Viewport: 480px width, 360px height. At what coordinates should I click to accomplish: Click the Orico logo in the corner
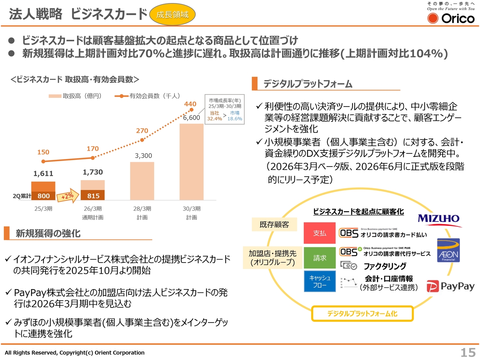coord(451,18)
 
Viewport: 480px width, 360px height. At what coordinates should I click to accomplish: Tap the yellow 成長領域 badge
coord(172,15)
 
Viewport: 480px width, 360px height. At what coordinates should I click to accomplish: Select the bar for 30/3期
coord(192,162)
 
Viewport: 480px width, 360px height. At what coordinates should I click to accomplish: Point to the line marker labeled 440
coord(191,109)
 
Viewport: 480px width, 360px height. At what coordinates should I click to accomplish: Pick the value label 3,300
coord(144,156)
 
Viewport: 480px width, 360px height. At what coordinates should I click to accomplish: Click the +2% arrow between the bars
coord(68,196)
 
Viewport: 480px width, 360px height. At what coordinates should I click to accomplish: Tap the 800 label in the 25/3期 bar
coord(43,196)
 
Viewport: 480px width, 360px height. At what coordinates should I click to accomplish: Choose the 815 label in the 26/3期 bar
coord(93,196)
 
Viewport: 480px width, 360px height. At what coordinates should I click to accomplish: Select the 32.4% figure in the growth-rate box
coord(214,118)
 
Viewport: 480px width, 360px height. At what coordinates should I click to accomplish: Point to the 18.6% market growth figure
coord(235,118)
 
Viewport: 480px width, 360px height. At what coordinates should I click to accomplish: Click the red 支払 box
coord(319,233)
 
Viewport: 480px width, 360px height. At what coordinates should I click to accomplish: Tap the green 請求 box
coord(319,258)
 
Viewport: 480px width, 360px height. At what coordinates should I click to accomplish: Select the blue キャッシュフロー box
coord(319,281)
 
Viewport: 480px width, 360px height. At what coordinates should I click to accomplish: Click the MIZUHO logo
coord(439,219)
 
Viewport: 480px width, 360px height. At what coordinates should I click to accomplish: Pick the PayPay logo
coord(451,286)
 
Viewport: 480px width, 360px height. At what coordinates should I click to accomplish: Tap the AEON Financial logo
coord(448,250)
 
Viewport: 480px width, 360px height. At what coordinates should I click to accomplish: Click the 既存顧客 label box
coord(274,225)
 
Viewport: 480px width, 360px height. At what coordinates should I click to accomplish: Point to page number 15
coord(468,352)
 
